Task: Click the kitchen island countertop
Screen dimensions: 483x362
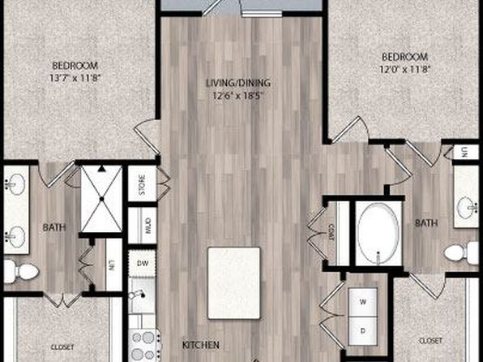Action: pos(233,283)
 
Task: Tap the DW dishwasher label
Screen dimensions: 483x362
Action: pos(143,263)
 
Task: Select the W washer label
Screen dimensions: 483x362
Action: pos(363,302)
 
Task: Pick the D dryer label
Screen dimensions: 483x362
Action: pos(363,331)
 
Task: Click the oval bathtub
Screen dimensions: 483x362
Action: pos(378,234)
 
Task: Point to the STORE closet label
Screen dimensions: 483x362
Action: pos(142,185)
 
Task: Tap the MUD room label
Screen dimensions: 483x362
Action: pos(147,226)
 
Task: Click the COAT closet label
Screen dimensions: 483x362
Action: pos(331,232)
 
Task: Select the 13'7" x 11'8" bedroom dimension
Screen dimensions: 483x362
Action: pos(75,78)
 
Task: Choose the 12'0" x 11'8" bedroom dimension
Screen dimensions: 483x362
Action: pos(404,69)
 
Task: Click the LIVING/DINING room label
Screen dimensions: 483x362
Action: pos(238,83)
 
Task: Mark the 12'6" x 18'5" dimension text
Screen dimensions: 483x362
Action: pos(239,96)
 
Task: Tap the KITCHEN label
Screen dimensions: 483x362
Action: pos(201,345)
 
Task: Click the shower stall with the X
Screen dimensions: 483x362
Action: pos(101,199)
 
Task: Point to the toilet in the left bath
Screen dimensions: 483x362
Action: pos(21,272)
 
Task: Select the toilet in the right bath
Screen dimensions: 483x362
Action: pos(461,253)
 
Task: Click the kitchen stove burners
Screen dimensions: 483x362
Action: pos(144,346)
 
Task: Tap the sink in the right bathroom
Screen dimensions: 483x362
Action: pos(468,208)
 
